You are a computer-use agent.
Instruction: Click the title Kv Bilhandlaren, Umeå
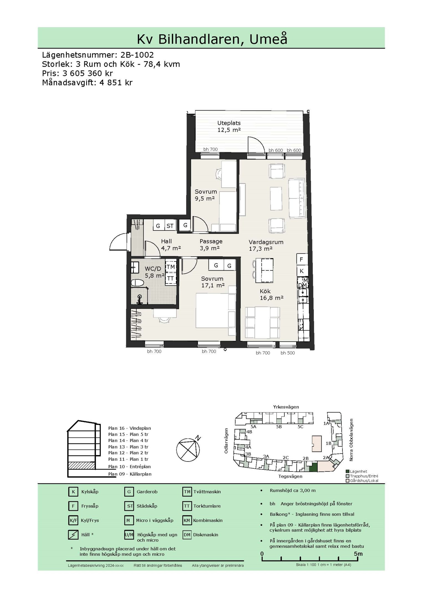click(212, 39)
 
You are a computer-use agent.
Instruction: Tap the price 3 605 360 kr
click(88, 73)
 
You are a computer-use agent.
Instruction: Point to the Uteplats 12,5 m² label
click(229, 126)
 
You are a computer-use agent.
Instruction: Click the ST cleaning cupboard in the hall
click(170, 225)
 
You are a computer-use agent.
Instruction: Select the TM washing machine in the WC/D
click(171, 267)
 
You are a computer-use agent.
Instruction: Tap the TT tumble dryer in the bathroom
click(171, 279)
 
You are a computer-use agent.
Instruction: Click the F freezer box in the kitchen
click(302, 260)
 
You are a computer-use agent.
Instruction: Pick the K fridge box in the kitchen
click(302, 271)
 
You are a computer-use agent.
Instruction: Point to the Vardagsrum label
click(266, 242)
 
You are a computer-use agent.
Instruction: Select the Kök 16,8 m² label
click(271, 295)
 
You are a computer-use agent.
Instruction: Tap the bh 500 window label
click(288, 353)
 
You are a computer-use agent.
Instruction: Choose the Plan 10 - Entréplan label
click(129, 467)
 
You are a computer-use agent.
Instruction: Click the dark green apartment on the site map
click(313, 467)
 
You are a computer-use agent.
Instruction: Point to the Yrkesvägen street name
click(286, 407)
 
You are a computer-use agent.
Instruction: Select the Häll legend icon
click(73, 535)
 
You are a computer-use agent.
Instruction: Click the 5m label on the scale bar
click(358, 554)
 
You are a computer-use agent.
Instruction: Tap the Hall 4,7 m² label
click(171, 245)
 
